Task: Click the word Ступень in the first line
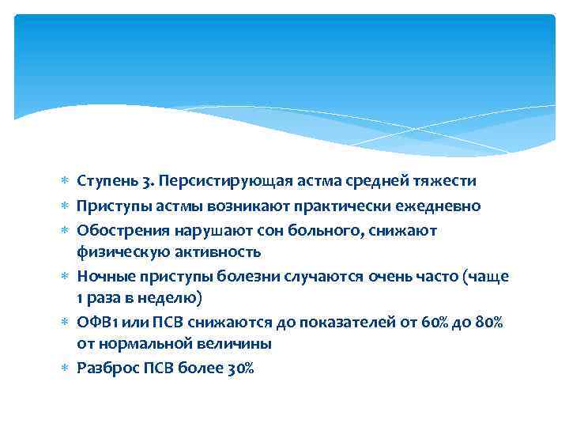[104, 181]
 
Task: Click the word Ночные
[103, 276]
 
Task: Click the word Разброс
[104, 368]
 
